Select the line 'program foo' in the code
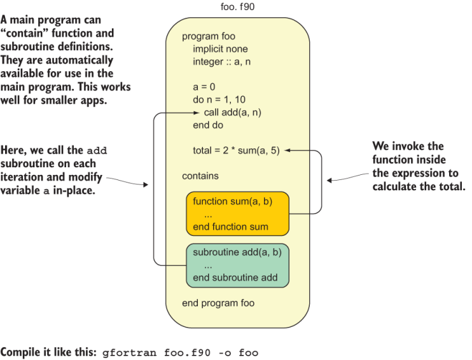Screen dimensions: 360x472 [x=208, y=36]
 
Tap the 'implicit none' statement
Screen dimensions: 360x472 [x=220, y=49]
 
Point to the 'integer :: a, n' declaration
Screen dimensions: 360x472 [x=224, y=62]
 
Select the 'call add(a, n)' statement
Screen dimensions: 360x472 [x=233, y=113]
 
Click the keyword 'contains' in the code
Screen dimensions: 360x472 [x=200, y=176]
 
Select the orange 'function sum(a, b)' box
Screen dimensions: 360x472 [x=237, y=214]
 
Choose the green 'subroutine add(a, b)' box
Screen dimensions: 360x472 [x=237, y=265]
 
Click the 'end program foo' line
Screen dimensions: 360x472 [x=218, y=303]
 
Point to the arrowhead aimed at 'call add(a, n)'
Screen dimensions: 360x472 [x=197, y=113]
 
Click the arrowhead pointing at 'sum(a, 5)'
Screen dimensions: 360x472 [x=287, y=151]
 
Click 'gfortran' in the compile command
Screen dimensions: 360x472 [x=125, y=352]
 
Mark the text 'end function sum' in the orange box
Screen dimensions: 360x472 [x=230, y=226]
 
